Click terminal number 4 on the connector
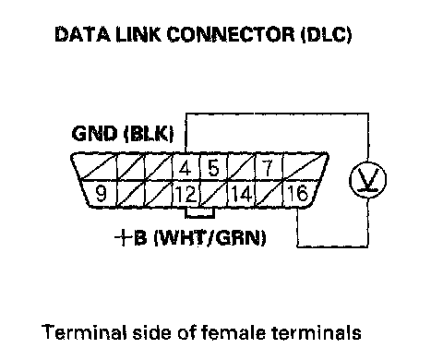coord(185,169)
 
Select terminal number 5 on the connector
coord(213,168)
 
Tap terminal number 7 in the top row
coord(268,168)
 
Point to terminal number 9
coord(101,193)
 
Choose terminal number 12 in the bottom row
coord(186,194)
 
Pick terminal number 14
coord(242,194)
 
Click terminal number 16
coord(297,193)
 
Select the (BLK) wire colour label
coord(149,134)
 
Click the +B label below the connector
coord(131,238)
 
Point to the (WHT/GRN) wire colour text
coord(210,238)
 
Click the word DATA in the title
coord(82,34)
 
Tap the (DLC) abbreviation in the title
coord(326,34)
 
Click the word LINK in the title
coord(138,34)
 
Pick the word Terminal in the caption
coord(84,332)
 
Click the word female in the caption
coord(233,332)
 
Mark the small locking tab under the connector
coord(199,213)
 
